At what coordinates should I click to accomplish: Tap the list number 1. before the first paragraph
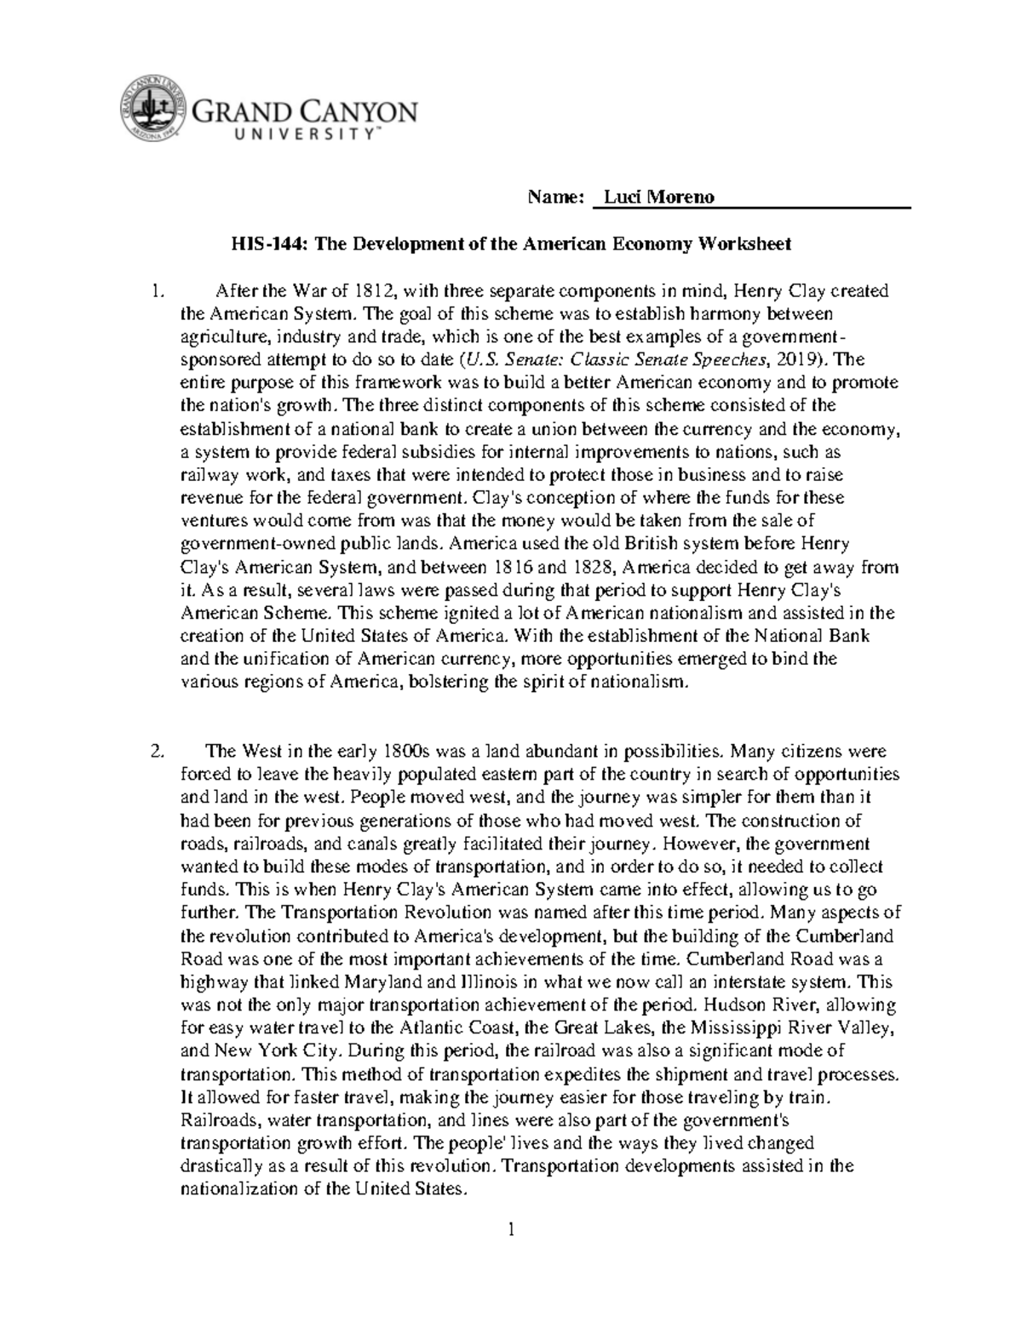click(x=155, y=291)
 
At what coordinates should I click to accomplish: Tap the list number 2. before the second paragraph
click(x=155, y=752)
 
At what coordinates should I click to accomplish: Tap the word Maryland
click(x=375, y=981)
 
